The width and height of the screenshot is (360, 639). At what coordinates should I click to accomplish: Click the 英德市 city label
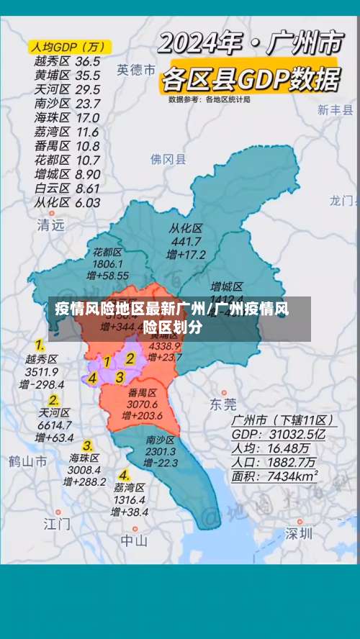tap(136, 70)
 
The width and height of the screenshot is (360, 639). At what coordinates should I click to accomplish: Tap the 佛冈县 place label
tap(168, 159)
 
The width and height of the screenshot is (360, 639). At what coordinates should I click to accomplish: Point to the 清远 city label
tap(50, 225)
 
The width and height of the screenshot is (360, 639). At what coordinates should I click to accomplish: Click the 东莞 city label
tap(222, 404)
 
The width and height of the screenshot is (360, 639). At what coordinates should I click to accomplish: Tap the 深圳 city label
tap(299, 533)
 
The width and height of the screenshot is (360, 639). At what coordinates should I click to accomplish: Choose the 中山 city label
tap(134, 540)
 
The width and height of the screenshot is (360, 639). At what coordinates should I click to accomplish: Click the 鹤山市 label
tap(28, 461)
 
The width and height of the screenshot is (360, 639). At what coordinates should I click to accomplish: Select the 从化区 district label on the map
tap(186, 228)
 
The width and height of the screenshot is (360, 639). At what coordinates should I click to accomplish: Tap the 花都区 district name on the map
tap(107, 253)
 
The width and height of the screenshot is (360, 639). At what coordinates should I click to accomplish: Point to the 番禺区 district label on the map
tap(142, 393)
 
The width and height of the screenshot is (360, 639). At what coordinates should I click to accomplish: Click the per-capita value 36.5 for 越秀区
tap(88, 61)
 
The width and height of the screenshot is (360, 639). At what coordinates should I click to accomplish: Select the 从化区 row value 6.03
tap(88, 202)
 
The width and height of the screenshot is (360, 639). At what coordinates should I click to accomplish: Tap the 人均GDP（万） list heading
tap(68, 47)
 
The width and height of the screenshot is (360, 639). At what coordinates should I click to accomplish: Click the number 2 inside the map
tap(130, 358)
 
